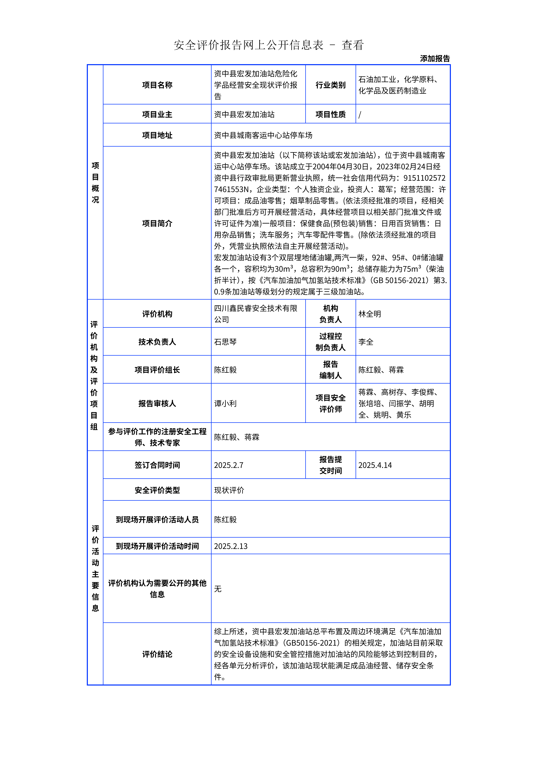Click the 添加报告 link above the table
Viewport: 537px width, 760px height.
(x=435, y=59)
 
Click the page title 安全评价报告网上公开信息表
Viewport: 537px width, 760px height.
(x=248, y=45)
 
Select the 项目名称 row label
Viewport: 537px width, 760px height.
(x=157, y=85)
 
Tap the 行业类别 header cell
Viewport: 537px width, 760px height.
(x=330, y=85)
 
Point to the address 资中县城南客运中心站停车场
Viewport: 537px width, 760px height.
(x=263, y=135)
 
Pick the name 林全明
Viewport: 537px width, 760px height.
(x=370, y=314)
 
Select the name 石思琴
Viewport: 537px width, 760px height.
(x=225, y=342)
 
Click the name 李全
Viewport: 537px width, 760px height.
(x=366, y=342)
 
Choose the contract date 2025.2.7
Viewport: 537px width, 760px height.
(x=229, y=465)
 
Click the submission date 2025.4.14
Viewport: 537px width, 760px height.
(x=375, y=465)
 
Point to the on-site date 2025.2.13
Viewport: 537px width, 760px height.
(x=231, y=546)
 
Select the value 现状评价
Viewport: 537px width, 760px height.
(x=229, y=490)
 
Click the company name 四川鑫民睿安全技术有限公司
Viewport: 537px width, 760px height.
(x=255, y=314)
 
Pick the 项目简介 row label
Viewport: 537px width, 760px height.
(x=157, y=223)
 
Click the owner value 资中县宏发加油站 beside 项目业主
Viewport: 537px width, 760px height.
(x=244, y=115)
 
